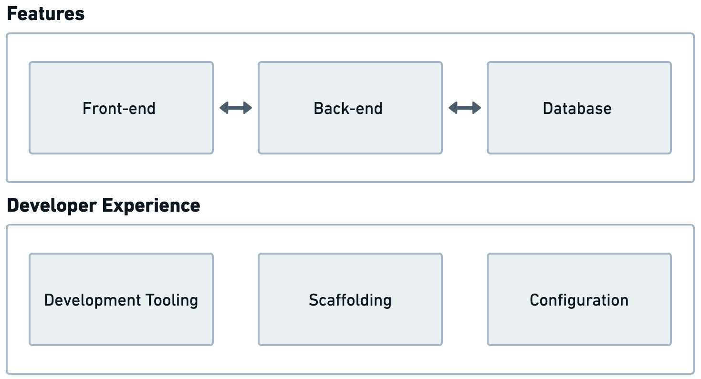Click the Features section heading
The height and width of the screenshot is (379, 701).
click(x=46, y=14)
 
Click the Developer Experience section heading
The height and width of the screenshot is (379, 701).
click(x=104, y=205)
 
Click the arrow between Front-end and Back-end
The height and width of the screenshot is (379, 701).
click(x=236, y=108)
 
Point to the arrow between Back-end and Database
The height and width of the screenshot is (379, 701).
click(x=465, y=108)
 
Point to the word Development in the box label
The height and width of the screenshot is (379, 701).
click(x=93, y=300)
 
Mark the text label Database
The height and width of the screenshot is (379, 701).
click(x=577, y=109)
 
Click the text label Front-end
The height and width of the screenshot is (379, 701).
click(x=119, y=109)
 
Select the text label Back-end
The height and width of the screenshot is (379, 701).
click(x=348, y=109)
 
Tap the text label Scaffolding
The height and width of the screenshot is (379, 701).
click(x=350, y=300)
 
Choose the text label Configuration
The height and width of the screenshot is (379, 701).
click(x=579, y=300)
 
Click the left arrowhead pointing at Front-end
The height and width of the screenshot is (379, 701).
click(x=223, y=108)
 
